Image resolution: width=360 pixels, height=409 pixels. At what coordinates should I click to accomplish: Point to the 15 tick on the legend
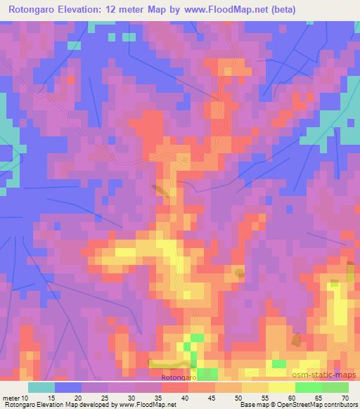(51, 398)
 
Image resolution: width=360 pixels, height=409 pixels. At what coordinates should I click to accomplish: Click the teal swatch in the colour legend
(41, 387)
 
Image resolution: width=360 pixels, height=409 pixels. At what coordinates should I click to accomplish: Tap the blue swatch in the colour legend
(68, 387)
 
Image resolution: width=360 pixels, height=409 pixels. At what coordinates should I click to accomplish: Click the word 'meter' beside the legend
(13, 398)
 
